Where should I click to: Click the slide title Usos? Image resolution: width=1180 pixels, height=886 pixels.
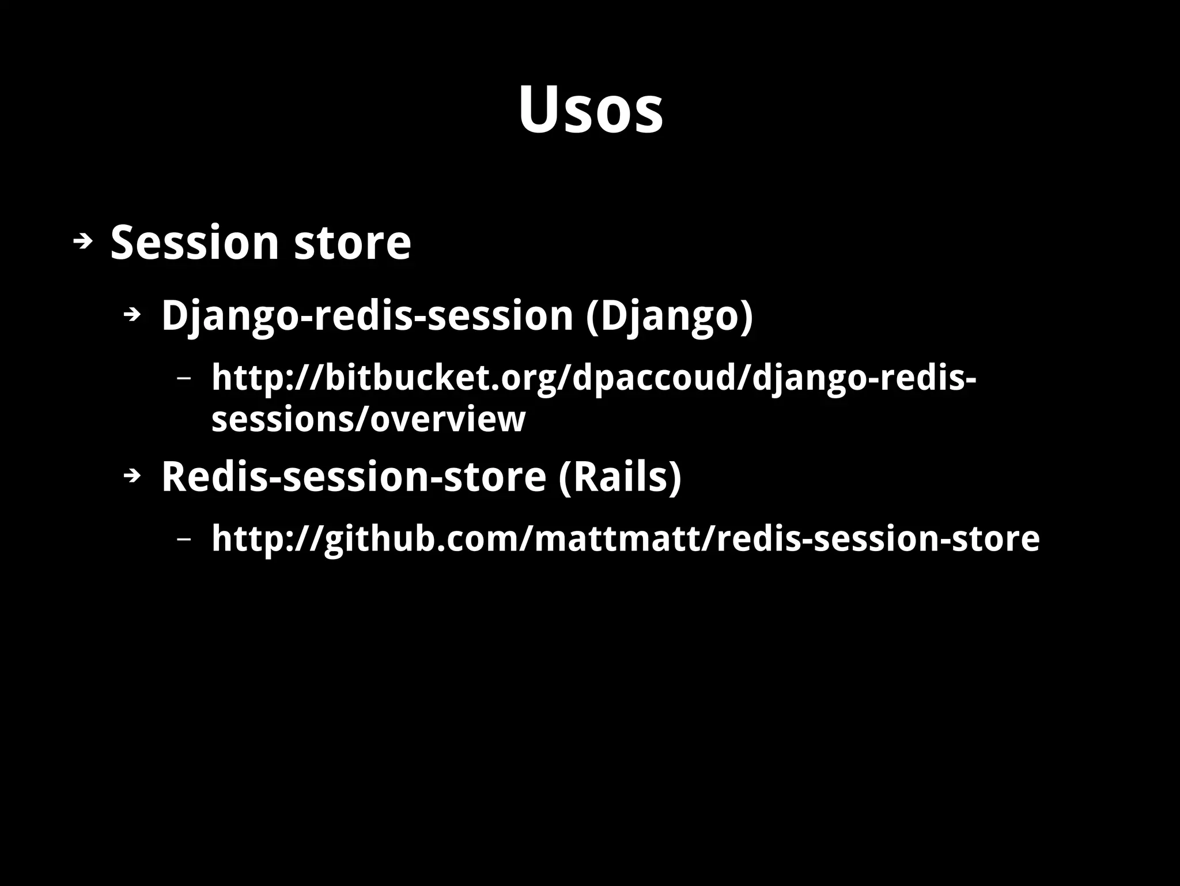[590, 110]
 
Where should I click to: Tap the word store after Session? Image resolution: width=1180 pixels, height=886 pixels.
[353, 242]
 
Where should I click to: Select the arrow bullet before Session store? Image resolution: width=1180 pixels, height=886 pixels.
[83, 242]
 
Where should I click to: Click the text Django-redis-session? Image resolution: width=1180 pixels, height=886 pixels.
[367, 316]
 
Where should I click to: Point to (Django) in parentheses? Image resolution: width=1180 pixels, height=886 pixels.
[669, 316]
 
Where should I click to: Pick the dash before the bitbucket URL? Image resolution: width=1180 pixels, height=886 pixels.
[184, 379]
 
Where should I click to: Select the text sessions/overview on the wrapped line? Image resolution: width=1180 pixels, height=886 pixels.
[368, 419]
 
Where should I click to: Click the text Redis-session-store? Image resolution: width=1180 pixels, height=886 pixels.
[353, 477]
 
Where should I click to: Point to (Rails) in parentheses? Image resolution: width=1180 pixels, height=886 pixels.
[620, 477]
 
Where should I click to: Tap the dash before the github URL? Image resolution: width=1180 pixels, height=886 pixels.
[184, 540]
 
